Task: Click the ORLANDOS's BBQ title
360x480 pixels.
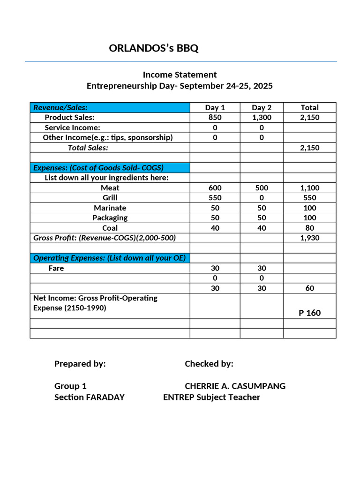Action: (153, 48)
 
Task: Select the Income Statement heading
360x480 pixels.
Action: (180, 75)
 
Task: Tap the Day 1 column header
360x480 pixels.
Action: (215, 107)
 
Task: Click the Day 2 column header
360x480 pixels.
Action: (262, 107)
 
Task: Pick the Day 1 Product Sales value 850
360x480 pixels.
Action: (215, 118)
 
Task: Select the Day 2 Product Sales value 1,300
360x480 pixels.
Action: (262, 118)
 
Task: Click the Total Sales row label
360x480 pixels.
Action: (88, 148)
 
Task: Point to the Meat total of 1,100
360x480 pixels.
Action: (309, 188)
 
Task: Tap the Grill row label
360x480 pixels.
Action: (110, 198)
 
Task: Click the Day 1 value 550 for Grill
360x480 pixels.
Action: (215, 198)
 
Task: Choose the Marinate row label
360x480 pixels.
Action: (110, 208)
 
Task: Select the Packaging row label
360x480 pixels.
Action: (110, 218)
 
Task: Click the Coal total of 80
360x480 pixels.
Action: (309, 228)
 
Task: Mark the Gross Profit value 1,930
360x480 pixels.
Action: (309, 238)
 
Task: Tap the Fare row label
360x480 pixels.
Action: (56, 268)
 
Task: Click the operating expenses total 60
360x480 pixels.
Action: (309, 288)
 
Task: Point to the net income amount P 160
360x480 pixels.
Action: (309, 313)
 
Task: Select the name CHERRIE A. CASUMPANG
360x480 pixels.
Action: (235, 386)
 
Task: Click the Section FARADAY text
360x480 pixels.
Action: (90, 397)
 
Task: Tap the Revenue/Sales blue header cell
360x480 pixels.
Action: (110, 107)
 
